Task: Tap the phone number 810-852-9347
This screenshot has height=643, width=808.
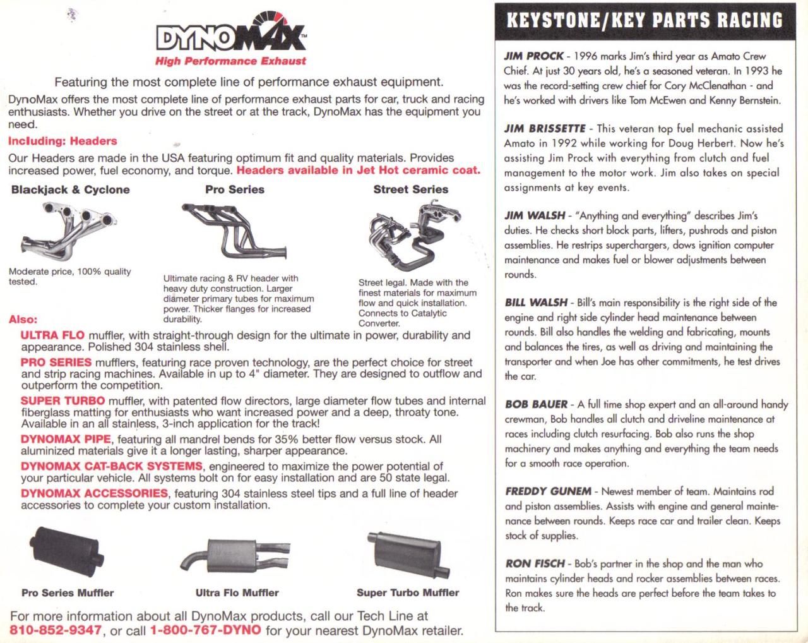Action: click(x=56, y=630)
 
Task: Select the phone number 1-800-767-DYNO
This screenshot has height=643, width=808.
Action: click(x=205, y=630)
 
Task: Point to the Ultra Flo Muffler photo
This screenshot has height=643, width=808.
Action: click(x=234, y=555)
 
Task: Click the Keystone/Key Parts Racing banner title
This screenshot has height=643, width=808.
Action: click(x=644, y=20)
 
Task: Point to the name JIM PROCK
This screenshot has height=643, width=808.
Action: click(x=533, y=56)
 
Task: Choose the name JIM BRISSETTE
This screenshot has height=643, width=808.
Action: click(x=545, y=129)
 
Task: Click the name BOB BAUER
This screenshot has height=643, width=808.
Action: click(x=536, y=404)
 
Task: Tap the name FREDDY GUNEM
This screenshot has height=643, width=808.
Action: click(x=548, y=491)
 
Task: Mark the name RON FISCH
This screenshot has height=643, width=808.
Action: click(x=534, y=564)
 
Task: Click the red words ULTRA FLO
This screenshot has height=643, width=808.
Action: click(x=52, y=335)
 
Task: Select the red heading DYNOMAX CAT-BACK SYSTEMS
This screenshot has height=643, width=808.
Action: click(x=112, y=467)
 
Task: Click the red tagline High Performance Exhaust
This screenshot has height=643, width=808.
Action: click(x=230, y=61)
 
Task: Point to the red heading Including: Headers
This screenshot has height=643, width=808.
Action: click(x=62, y=141)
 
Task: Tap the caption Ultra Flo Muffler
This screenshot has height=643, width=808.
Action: click(x=237, y=593)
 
